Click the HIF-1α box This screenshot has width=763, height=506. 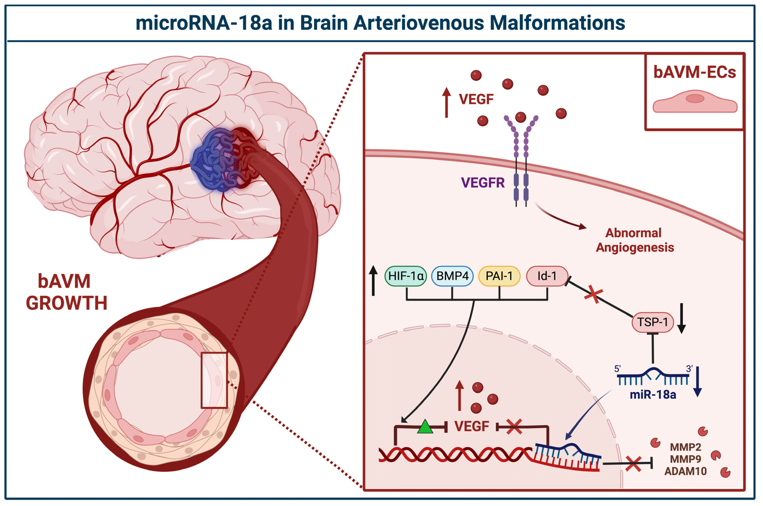click(406, 276)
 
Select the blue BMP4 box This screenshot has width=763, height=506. click(452, 276)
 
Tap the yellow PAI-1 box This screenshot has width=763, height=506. click(499, 276)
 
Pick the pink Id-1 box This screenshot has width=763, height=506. click(547, 276)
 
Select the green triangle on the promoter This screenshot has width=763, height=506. click(425, 427)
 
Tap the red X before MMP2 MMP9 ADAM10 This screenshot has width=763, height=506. click(633, 464)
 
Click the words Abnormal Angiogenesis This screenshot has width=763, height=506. click(634, 240)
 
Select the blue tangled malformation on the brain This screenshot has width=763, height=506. click(213, 160)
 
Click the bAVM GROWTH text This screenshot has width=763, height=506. click(66, 292)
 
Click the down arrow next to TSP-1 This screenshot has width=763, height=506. click(681, 319)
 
